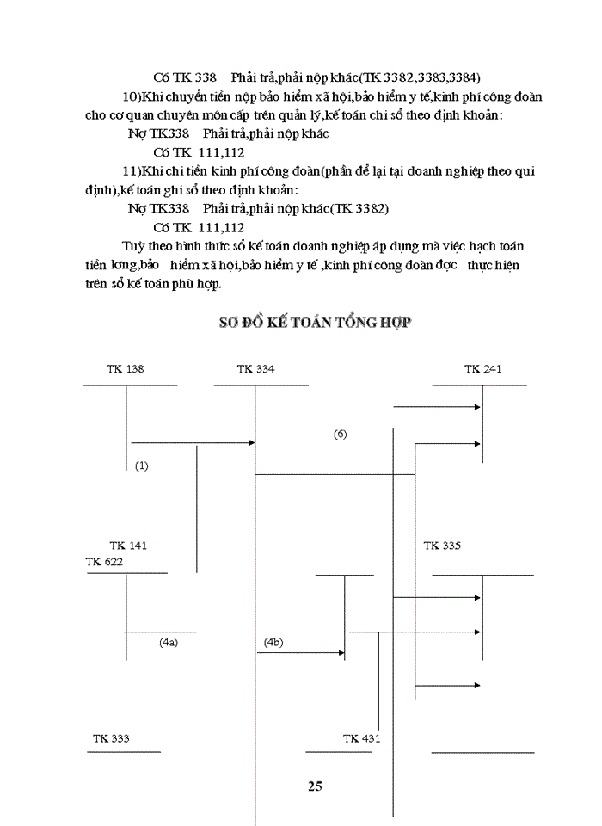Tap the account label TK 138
pyautogui.click(x=126, y=369)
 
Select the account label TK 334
pyautogui.click(x=256, y=369)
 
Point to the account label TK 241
pyautogui.click(x=482, y=369)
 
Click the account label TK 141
pyautogui.click(x=128, y=546)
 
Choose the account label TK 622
pyautogui.click(x=104, y=561)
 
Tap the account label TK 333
pyautogui.click(x=111, y=738)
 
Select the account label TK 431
pyautogui.click(x=361, y=738)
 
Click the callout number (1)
pyautogui.click(x=142, y=465)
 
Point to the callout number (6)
pyautogui.click(x=340, y=435)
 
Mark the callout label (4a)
pyautogui.click(x=169, y=642)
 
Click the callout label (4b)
pyautogui.click(x=273, y=642)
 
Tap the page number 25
pyautogui.click(x=315, y=785)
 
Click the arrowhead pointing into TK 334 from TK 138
pyautogui.click(x=252, y=442)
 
